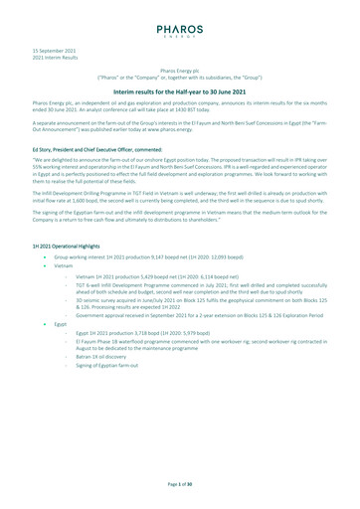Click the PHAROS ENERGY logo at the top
pyautogui.click(x=180, y=33)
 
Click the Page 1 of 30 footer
pyautogui.click(x=179, y=482)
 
